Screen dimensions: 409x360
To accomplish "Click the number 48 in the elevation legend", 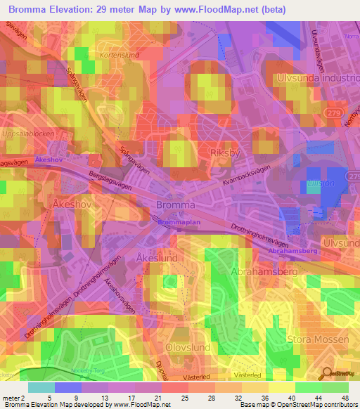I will coord(345,398).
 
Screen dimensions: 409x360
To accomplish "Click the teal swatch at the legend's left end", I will coord(41,387).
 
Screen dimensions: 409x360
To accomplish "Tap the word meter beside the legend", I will coord(11,398).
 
